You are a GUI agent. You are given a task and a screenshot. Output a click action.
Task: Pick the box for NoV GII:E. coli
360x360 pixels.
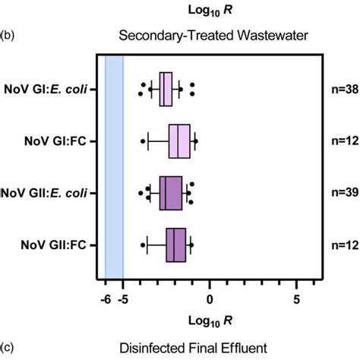tap(171, 193)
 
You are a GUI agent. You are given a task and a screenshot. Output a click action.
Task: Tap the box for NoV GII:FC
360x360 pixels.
tap(176, 245)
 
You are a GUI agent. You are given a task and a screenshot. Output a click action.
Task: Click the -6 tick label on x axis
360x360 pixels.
tap(105, 298)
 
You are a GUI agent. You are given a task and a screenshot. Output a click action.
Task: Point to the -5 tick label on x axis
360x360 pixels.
tap(122, 298)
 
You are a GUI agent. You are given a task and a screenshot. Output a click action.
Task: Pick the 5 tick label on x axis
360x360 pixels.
tap(297, 298)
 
